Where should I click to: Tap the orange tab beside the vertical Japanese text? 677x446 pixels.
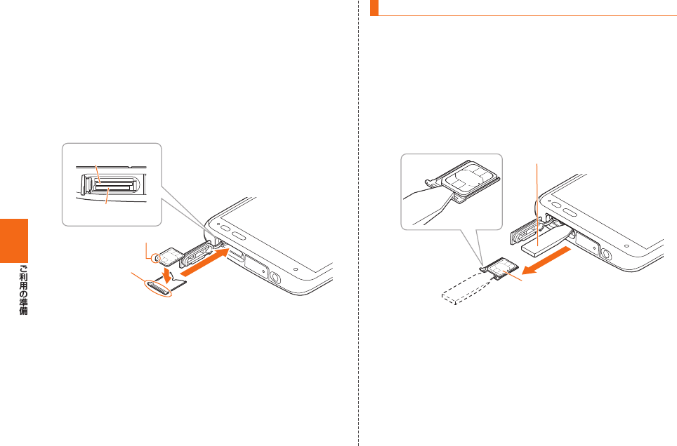tap(15, 239)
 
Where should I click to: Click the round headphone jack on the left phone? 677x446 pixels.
tap(274, 278)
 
